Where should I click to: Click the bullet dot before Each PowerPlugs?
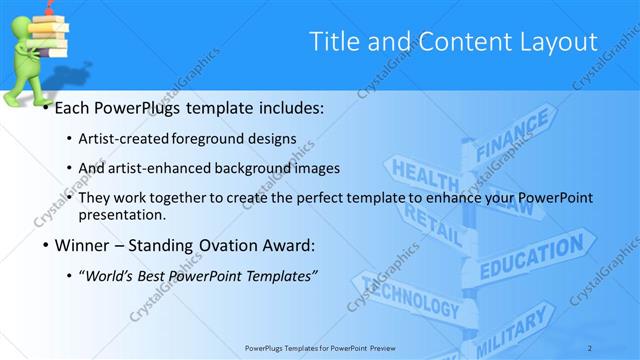click(x=45, y=106)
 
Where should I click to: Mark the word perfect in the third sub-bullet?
click(x=318, y=197)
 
